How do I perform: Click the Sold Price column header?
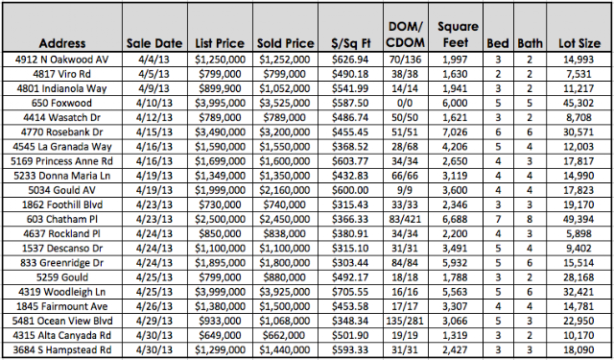[286, 43]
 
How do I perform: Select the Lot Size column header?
[579, 43]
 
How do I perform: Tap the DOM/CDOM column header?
[406, 35]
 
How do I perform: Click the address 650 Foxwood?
[61, 103]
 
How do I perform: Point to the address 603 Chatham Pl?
[61, 219]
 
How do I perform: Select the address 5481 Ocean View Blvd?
[61, 321]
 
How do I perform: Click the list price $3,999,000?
[220, 292]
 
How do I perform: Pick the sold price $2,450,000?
[285, 219]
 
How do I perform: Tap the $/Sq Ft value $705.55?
[350, 292]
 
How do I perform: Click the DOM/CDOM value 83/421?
[406, 219]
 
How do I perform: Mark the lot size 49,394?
[579, 219]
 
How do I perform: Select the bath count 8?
[530, 219]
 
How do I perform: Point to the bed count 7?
[498, 219]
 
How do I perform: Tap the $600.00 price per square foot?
[350, 190]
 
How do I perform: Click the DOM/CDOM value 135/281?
[406, 321]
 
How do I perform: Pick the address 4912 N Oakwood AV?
[61, 60]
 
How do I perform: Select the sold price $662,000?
[285, 335]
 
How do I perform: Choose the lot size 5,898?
[579, 233]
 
